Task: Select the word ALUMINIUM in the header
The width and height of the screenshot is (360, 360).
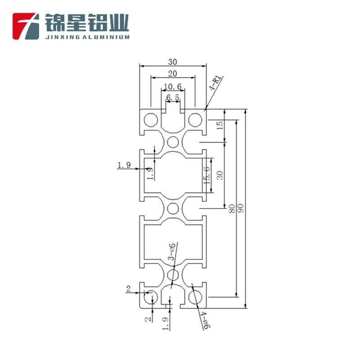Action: click(x=106, y=38)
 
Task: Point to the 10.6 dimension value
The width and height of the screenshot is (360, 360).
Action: click(x=172, y=86)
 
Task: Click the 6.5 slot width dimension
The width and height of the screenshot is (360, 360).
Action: click(x=173, y=97)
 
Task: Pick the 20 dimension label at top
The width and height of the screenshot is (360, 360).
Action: click(x=173, y=73)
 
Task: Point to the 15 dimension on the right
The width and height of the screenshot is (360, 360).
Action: click(x=220, y=126)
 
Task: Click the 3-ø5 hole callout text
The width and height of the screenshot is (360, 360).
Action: click(x=171, y=252)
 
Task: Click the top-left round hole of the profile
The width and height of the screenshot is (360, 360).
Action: click(x=150, y=120)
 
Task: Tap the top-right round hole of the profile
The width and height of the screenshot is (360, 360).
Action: click(x=195, y=120)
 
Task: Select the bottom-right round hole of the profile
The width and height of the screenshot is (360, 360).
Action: click(x=195, y=297)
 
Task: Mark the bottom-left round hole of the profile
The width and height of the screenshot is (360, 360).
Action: click(x=150, y=297)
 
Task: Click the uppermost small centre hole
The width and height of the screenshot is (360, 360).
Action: click(x=173, y=142)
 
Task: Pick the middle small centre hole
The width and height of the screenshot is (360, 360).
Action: click(x=173, y=208)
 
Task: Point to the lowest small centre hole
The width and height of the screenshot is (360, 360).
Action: click(x=173, y=275)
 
